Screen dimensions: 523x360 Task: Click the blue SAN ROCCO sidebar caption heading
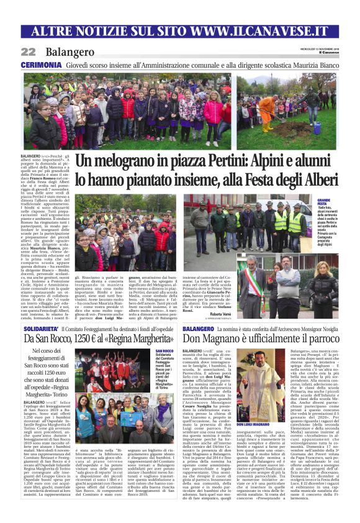click(x=164, y=352)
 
